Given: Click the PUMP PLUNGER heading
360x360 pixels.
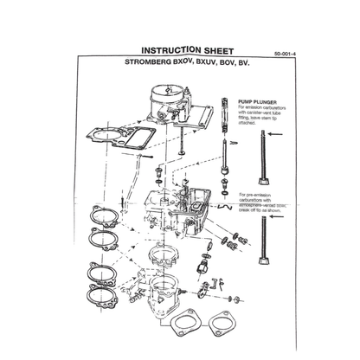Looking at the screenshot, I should click(x=258, y=100).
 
